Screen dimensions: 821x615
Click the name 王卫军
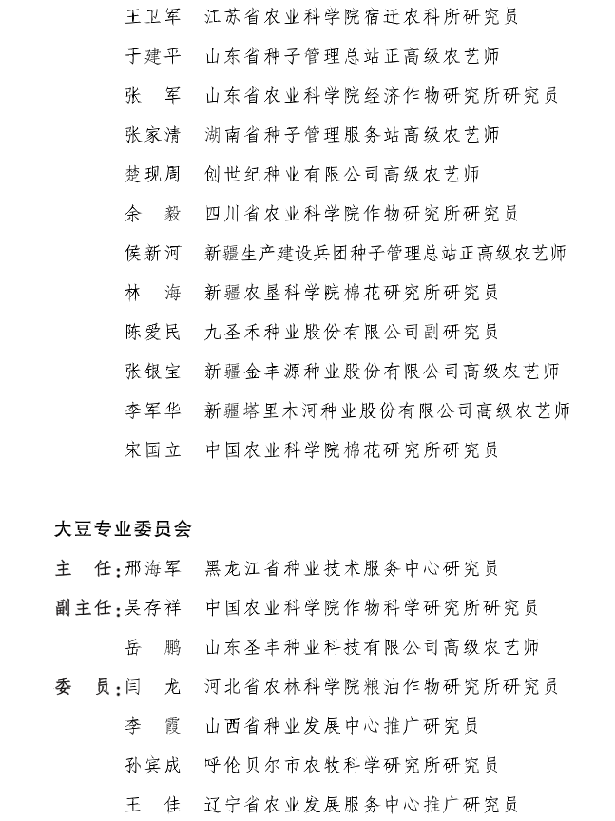tap(152, 16)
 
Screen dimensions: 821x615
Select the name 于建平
tap(152, 56)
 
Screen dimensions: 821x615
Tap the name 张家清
tap(152, 135)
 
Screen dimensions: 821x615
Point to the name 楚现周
tap(152, 174)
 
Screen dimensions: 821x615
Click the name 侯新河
tap(152, 253)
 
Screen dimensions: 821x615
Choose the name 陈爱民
tap(152, 332)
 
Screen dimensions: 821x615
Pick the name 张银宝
tap(152, 371)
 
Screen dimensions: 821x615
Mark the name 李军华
tap(152, 410)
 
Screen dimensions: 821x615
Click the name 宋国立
tap(152, 449)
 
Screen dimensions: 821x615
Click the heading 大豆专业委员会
tap(123, 528)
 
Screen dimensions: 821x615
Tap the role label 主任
tap(84, 568)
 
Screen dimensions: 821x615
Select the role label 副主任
tap(84, 608)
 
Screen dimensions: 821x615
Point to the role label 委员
tap(84, 687)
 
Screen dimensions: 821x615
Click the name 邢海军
tap(152, 568)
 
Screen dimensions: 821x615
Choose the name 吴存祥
tap(152, 608)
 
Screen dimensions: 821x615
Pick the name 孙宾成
tap(152, 765)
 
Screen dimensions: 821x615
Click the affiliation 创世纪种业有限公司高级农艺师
tap(342, 174)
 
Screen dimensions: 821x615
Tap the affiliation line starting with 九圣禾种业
tap(352, 332)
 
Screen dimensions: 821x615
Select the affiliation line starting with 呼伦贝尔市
tap(352, 765)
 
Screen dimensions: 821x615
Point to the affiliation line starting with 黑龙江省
tap(352, 568)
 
